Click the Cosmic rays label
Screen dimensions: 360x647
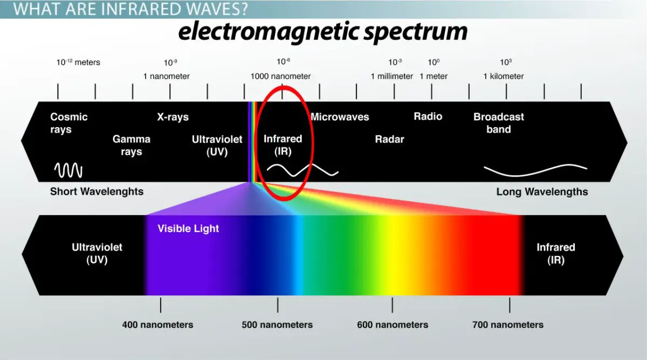coord(68,123)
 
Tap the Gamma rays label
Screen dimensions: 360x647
coord(131,145)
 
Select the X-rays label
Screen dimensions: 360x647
coord(173,117)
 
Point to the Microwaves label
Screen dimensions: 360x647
coord(340,117)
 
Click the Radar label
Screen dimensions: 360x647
coord(389,140)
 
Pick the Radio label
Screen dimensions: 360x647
coord(428,116)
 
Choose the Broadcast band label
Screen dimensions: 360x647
coord(498,123)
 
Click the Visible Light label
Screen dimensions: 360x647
coord(188,229)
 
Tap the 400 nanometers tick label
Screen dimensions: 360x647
coord(157,325)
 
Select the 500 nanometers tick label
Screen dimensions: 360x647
coord(277,325)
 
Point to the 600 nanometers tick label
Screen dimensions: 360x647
coord(393,325)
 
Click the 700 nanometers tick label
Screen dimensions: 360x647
coord(508,325)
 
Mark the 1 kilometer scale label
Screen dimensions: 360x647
coord(504,76)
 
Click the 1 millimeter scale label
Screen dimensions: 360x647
coord(392,76)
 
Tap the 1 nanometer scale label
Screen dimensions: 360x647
coord(166,76)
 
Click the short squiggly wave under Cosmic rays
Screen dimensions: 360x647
coord(68,171)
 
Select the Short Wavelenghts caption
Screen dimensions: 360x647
coord(97,191)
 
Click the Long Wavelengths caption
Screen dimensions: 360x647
coord(542,192)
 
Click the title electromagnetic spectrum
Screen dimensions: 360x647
coord(323,32)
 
